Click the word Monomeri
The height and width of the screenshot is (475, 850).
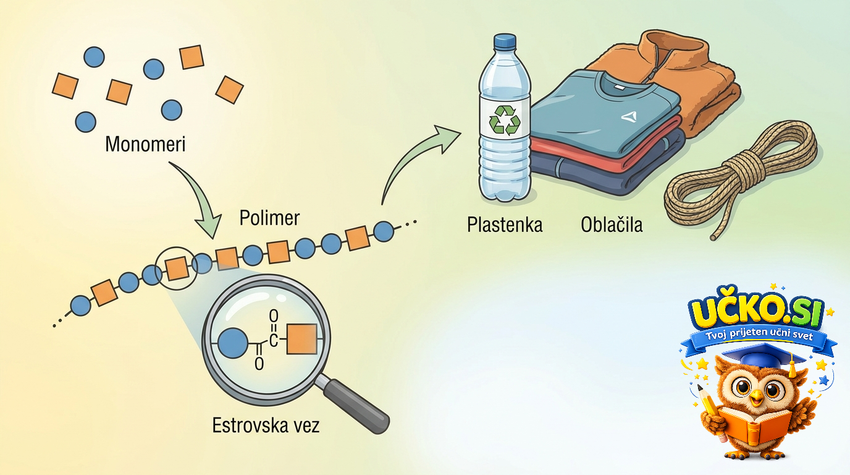point(145,144)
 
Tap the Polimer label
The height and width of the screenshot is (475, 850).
point(269,218)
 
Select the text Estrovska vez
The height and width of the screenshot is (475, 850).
point(266,426)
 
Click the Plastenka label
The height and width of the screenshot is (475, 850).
point(505,225)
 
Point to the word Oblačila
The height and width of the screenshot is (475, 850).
point(612,225)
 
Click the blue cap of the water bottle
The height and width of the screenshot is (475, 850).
point(505,41)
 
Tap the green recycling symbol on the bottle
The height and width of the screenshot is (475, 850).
point(505,120)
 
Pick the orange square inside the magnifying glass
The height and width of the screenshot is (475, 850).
point(301,339)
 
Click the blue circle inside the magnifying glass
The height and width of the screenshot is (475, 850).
point(233,343)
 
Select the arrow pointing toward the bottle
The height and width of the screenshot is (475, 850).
point(414,160)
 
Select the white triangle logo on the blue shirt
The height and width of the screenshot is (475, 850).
point(629,117)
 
